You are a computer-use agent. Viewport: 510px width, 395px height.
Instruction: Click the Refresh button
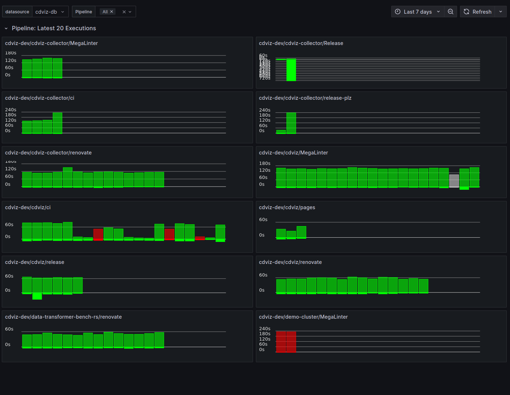pyautogui.click(x=478, y=12)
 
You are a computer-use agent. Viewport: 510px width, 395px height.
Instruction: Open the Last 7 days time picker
pyautogui.click(x=418, y=12)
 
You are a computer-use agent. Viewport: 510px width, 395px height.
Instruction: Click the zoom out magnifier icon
pyautogui.click(x=451, y=12)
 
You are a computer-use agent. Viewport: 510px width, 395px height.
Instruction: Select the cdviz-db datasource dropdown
pyautogui.click(x=50, y=12)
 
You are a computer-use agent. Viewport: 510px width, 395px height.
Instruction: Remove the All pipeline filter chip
pyautogui.click(x=112, y=12)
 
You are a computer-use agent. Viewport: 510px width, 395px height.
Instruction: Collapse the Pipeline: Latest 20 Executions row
pyautogui.click(x=6, y=28)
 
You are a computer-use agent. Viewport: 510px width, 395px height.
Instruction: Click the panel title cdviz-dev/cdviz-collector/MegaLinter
pyautogui.click(x=51, y=43)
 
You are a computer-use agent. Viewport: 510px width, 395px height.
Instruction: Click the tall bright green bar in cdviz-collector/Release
pyautogui.click(x=291, y=70)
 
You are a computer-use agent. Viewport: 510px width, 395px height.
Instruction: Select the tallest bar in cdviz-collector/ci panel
pyautogui.click(x=58, y=123)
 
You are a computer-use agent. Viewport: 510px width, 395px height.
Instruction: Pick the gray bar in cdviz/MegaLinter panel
pyautogui.click(x=454, y=181)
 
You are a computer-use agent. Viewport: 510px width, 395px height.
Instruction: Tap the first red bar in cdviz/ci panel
pyautogui.click(x=98, y=234)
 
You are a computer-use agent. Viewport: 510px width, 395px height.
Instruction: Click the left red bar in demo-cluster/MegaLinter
pyautogui.click(x=281, y=342)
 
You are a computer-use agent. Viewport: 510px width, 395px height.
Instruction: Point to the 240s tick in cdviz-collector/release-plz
pyautogui.click(x=265, y=110)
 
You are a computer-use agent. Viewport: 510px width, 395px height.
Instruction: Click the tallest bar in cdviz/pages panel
pyautogui.click(x=301, y=232)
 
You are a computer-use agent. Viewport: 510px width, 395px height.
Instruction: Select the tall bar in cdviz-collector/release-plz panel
pyautogui.click(x=291, y=123)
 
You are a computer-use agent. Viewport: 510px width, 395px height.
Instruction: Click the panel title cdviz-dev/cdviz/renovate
pyautogui.click(x=290, y=262)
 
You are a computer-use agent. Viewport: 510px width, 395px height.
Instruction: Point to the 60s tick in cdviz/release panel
pyautogui.click(x=9, y=276)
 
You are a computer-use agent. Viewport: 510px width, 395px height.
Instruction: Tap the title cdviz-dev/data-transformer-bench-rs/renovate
pyautogui.click(x=63, y=317)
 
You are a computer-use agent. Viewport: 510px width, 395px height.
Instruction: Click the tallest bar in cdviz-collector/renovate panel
pyautogui.click(x=68, y=177)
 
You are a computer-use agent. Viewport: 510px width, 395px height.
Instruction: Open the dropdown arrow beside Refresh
pyautogui.click(x=501, y=12)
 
